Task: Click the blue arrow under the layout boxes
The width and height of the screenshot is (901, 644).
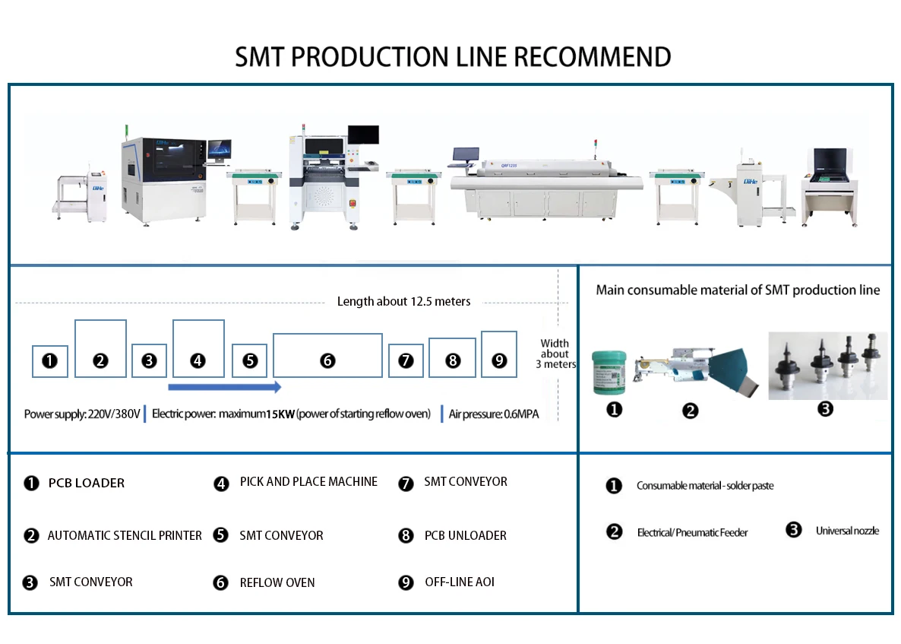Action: coord(224,387)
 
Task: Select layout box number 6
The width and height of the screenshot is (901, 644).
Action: coord(327,355)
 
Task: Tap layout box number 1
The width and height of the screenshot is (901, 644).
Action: coord(50,361)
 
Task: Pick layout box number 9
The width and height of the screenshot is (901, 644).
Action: coord(499,354)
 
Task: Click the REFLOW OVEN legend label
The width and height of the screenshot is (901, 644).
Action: coord(277,583)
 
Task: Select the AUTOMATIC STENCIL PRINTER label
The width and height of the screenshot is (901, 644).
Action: coord(125,536)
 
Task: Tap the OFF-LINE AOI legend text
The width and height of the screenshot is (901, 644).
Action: coord(460,582)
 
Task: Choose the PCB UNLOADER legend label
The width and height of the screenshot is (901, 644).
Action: coord(465,536)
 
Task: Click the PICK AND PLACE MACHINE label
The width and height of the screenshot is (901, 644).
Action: coord(308,482)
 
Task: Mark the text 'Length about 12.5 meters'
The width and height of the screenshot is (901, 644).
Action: coord(403,302)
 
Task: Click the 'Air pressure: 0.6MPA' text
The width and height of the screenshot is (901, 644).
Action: coord(494,415)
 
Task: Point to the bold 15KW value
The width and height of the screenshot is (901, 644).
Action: coord(280,415)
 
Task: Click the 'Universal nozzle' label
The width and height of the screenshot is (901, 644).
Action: coord(847,531)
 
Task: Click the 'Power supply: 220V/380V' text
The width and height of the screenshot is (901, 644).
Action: coord(82,415)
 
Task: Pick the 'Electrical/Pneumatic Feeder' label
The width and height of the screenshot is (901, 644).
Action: coord(692,533)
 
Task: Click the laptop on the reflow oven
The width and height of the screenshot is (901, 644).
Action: coord(465,155)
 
